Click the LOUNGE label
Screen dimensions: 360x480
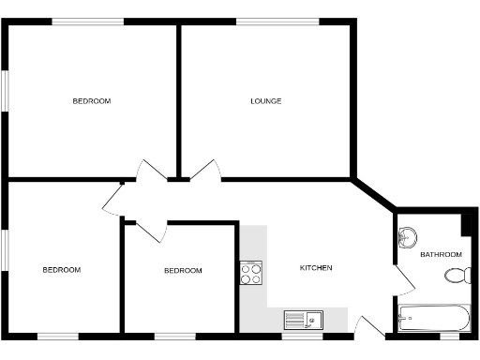click(x=265, y=101)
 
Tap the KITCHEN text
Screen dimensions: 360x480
click(x=315, y=268)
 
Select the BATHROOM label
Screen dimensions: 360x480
click(x=441, y=255)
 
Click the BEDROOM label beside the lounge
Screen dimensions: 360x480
click(x=92, y=101)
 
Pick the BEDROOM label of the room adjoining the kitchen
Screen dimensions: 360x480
click(x=183, y=271)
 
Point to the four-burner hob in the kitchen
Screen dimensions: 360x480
click(x=251, y=273)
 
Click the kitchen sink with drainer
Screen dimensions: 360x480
click(x=302, y=320)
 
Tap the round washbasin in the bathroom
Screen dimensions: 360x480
click(x=408, y=237)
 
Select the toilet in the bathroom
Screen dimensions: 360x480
click(x=457, y=276)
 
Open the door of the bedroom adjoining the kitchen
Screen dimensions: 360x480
click(x=150, y=229)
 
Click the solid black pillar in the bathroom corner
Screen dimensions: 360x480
click(x=466, y=225)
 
